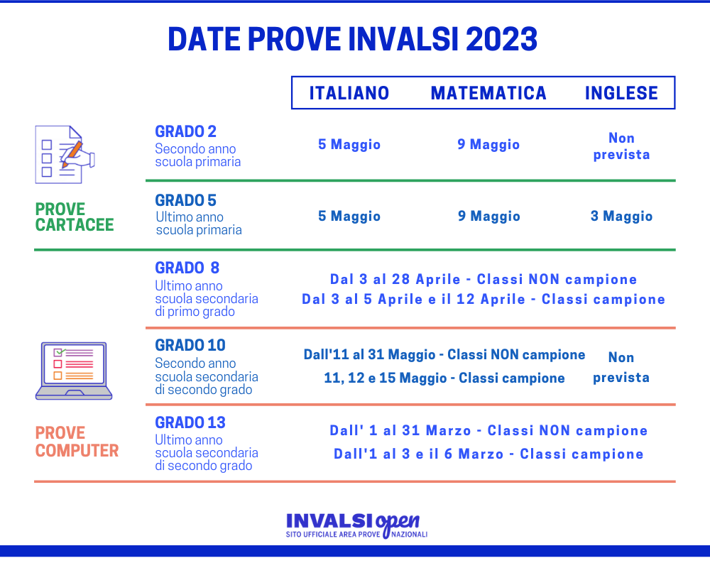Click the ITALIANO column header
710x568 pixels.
pos(349,93)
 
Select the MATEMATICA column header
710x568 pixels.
pos(488,93)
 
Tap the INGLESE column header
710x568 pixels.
pos(621,93)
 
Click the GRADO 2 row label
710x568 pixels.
pos(186,131)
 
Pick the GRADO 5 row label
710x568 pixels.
pos(186,200)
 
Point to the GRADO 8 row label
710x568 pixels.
pos(187,268)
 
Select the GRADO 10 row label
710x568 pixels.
pos(190,346)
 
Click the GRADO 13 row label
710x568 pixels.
pos(190,423)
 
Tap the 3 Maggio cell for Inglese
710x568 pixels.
pos(621,217)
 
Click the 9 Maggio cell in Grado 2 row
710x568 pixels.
pos(488,145)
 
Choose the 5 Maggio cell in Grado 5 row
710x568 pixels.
pos(349,217)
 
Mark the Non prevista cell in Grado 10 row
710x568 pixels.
pos(621,367)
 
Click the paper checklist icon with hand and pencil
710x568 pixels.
pos(65,154)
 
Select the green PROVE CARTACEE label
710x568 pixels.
pos(75,217)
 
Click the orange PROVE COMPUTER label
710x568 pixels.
pos(77,442)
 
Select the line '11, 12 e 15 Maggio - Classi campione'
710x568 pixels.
pos(444,378)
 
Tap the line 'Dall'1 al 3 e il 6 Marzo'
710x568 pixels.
pos(488,454)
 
